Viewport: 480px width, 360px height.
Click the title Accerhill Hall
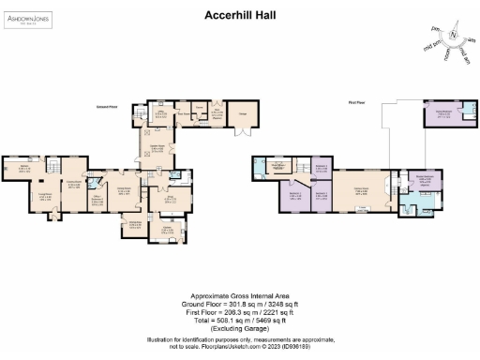click(x=240, y=15)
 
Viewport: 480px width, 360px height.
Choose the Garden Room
click(x=157, y=149)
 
